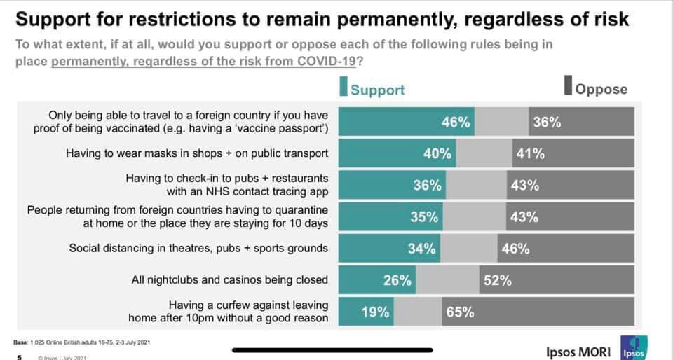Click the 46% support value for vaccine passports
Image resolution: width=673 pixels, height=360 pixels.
coord(455,123)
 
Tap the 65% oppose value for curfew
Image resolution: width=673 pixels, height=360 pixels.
coord(459,312)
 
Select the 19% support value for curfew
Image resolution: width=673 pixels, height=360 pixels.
coord(375,312)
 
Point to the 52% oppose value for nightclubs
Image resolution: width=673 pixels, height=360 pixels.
coord(496,280)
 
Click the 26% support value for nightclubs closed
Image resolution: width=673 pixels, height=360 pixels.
coord(397,280)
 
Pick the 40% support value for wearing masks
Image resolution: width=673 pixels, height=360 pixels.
coord(437,154)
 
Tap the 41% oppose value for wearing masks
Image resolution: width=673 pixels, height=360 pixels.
coord(530,154)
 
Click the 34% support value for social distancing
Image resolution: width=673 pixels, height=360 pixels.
coord(422,248)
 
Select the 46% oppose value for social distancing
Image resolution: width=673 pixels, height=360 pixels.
coord(515,248)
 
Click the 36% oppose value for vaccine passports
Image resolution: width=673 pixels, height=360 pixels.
coord(547,123)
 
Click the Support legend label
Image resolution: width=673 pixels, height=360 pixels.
coord(377,90)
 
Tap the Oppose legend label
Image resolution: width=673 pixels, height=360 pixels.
coord(601,90)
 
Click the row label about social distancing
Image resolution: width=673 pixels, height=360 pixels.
coord(198,248)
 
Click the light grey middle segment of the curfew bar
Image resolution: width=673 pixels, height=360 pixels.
coord(416,312)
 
